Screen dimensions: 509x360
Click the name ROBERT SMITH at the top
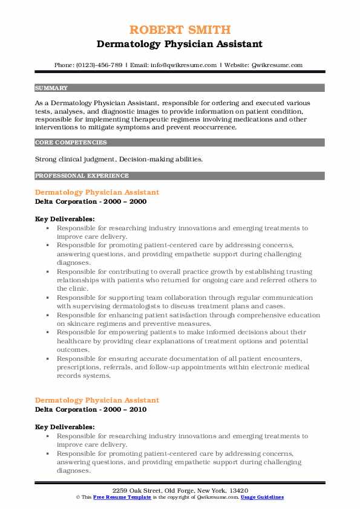pos(180,30)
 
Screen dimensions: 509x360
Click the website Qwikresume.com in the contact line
pos(278,65)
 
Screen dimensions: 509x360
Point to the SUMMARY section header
pos(51,88)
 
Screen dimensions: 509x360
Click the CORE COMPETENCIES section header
pos(71,143)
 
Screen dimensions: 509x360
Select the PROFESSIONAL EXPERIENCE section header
pos(82,176)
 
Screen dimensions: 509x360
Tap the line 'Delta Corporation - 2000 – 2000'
pos(91,201)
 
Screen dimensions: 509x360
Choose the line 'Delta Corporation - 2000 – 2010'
pos(91,409)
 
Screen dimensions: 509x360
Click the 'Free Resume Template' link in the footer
pos(121,497)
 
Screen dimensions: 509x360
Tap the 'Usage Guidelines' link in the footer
pos(261,497)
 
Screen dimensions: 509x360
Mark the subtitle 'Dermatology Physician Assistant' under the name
pos(180,44)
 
